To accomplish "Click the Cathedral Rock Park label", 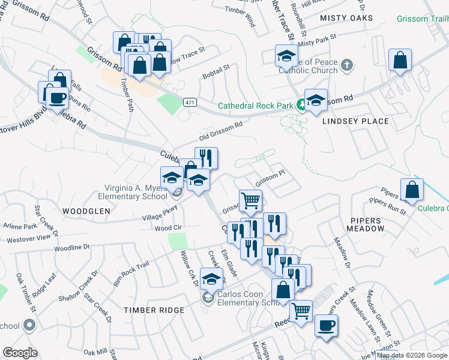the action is point(255,106).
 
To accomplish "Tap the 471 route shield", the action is point(190,103).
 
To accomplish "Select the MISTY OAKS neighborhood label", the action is point(346,18).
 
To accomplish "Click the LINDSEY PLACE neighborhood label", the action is point(355,121).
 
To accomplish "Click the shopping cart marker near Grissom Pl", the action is point(250,200).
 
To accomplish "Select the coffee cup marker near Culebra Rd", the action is point(57,98).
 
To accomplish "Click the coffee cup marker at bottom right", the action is point(326,325).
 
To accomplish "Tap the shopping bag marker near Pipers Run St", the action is point(412,189).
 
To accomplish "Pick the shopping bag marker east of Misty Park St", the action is point(400,60).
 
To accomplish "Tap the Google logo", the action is point(20,353).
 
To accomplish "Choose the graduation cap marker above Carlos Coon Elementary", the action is point(211,280).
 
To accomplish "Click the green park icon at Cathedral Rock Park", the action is point(300,106).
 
